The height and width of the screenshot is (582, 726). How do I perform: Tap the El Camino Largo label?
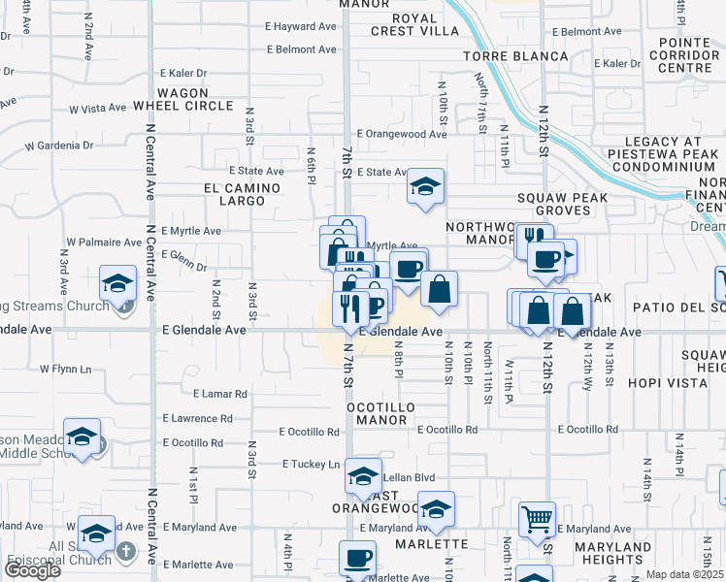234,194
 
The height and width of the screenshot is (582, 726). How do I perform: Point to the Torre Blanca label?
514,56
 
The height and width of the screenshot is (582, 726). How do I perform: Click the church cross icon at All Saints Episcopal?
124,551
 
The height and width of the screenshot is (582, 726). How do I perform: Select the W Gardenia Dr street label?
59,145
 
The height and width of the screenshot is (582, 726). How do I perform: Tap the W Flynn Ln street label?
72,369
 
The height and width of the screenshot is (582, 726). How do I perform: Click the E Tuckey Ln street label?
311,464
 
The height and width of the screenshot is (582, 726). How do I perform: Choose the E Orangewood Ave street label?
401,134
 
